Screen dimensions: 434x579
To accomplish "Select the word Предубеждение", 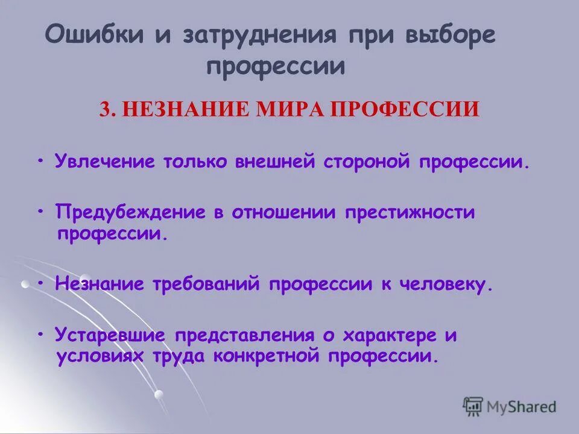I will [x=128, y=212].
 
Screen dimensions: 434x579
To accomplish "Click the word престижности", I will [x=410, y=212].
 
